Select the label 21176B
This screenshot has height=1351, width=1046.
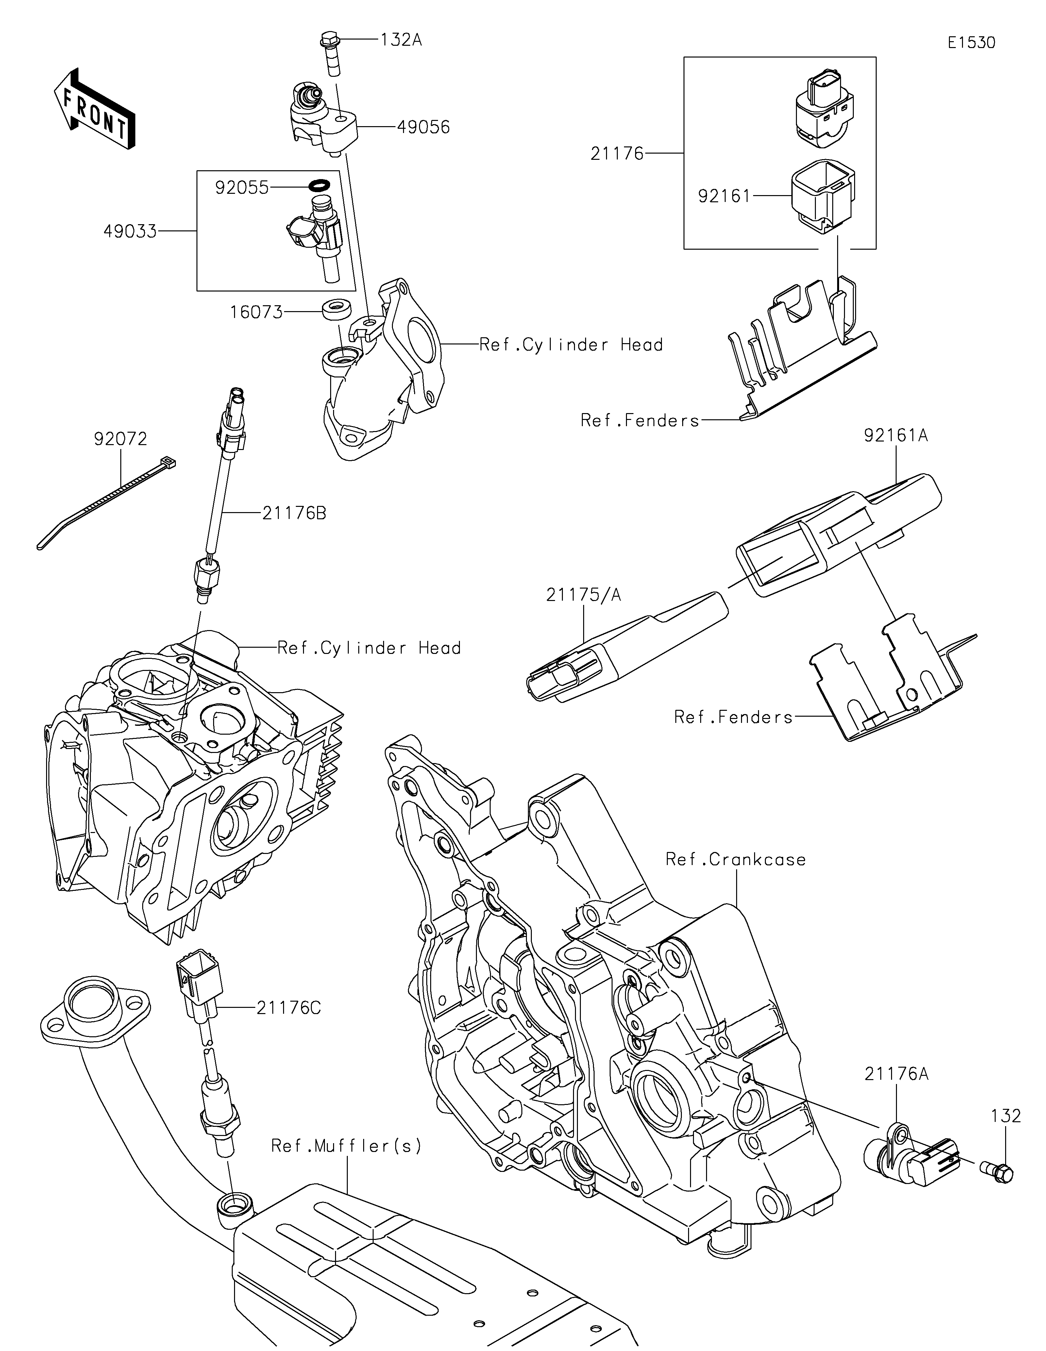click(294, 513)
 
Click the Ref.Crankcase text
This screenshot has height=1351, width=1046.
click(735, 860)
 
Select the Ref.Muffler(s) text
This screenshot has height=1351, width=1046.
click(346, 1146)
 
